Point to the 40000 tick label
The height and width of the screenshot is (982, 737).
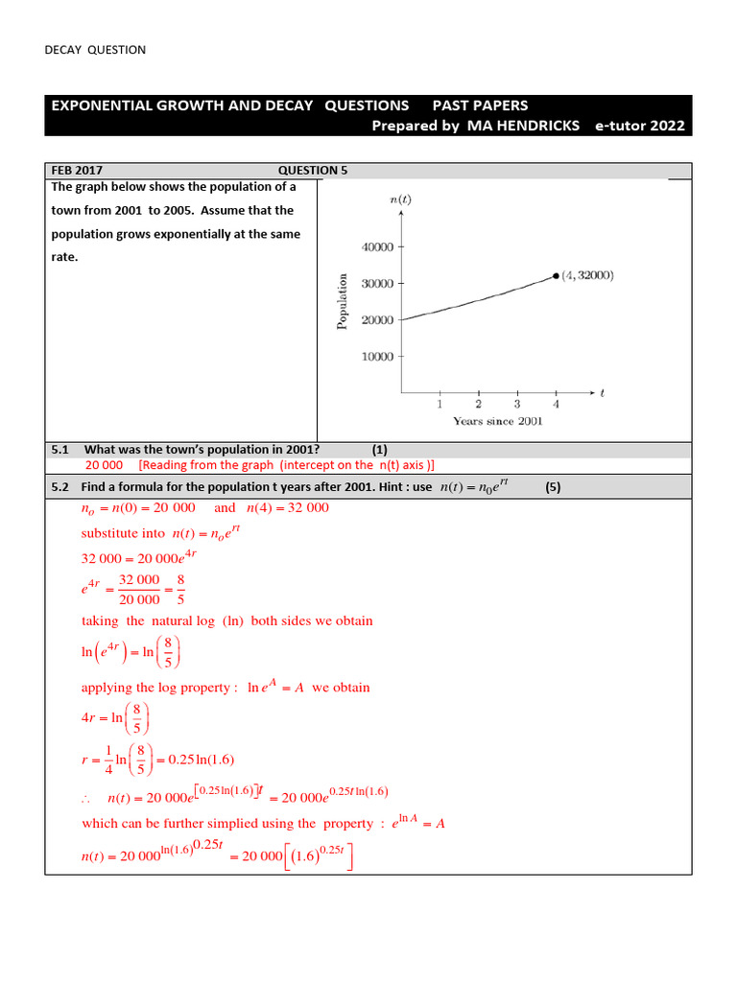click(377, 247)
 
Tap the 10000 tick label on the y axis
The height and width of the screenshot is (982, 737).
click(377, 357)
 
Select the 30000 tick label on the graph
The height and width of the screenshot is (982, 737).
click(377, 284)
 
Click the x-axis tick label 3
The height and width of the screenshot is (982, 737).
click(517, 404)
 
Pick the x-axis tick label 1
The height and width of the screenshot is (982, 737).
click(440, 404)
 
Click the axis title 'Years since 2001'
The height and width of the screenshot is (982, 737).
click(498, 421)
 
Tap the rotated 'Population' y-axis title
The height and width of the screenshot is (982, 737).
click(342, 301)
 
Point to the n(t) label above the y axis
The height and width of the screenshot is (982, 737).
click(401, 199)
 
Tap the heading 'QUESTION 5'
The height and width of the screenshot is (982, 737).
click(313, 171)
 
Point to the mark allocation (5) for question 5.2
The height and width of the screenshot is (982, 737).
click(553, 487)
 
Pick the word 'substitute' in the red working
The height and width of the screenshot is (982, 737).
click(109, 532)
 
